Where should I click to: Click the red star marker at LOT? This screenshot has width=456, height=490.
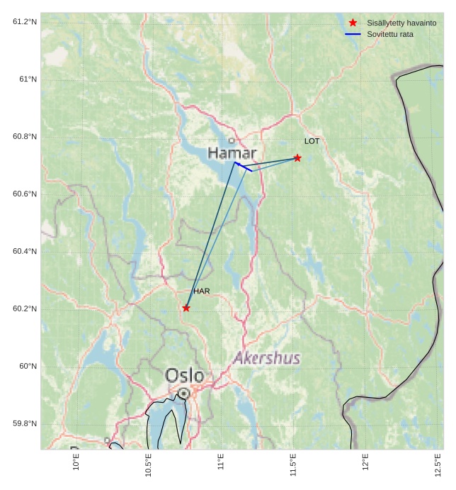tap(297, 157)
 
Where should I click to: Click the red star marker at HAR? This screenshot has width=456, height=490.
tap(186, 308)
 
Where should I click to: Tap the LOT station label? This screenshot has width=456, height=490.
tap(312, 141)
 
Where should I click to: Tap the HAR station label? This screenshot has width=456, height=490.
tap(202, 291)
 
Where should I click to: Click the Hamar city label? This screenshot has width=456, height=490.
tap(232, 153)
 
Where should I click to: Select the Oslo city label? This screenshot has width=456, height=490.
tap(184, 375)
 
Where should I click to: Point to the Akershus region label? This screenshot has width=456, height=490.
tap(266, 358)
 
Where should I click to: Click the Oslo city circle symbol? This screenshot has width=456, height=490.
tap(184, 393)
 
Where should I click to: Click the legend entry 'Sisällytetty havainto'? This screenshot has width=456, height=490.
tap(401, 23)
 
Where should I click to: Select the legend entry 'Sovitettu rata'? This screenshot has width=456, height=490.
tap(390, 34)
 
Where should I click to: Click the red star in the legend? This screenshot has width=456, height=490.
tap(353, 23)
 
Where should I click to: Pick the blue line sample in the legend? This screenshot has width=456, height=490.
tap(353, 34)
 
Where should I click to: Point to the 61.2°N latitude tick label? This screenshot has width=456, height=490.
tap(25, 22)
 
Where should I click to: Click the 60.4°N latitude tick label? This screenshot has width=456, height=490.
tap(25, 252)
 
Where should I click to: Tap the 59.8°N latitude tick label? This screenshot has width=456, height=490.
tap(25, 424)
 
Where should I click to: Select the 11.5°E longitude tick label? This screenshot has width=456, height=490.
tap(293, 465)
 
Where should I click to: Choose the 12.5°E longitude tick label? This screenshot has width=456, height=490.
tap(438, 465)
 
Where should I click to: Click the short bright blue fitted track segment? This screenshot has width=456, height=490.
tap(243, 167)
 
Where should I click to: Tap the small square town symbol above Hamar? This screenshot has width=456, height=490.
tap(232, 140)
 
